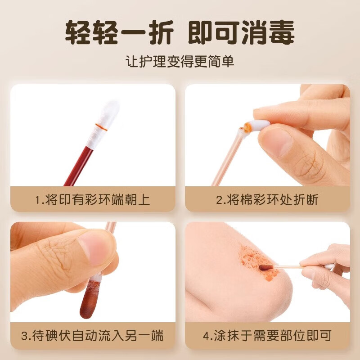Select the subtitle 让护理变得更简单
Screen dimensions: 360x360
pyautogui.click(x=180, y=61)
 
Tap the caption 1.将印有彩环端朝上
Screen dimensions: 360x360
pyautogui.click(x=93, y=199)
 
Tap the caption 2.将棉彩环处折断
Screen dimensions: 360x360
pyautogui.click(x=267, y=199)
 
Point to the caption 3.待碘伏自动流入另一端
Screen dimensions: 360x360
pyautogui.click(x=93, y=335)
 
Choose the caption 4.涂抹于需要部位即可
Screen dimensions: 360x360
pyautogui.click(x=267, y=335)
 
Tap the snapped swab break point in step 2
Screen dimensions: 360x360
pyautogui.click(x=246, y=130)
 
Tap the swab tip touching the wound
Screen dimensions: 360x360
pyautogui.click(x=265, y=267)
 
